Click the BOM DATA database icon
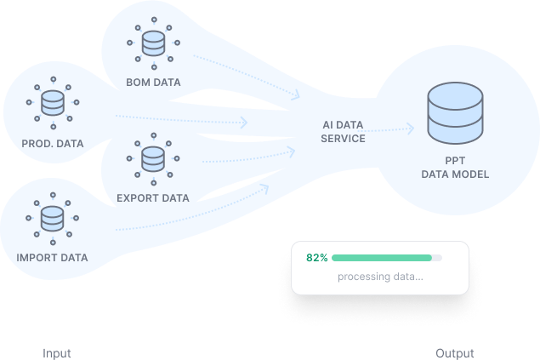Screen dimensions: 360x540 [x=153, y=43]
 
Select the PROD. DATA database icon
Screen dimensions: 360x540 [x=53, y=103]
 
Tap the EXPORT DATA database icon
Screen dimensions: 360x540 [x=153, y=158]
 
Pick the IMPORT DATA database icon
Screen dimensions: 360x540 [x=53, y=219]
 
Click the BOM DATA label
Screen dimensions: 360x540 [x=153, y=83]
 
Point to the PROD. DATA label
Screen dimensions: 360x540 [x=53, y=143]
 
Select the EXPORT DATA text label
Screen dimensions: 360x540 [x=153, y=198]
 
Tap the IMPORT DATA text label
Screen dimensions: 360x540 [x=53, y=257]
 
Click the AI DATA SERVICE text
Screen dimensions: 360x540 [x=343, y=131]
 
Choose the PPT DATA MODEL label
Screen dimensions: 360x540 [x=455, y=168]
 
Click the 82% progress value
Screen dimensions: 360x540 [x=317, y=257]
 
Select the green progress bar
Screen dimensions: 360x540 [x=383, y=257]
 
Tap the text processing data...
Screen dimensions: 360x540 [x=380, y=277]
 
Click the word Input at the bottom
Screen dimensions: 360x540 [x=57, y=353]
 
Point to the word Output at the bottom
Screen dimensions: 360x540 [x=455, y=353]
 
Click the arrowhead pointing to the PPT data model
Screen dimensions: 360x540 [x=411, y=129]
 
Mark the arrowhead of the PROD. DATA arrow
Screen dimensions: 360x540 [x=244, y=123]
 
